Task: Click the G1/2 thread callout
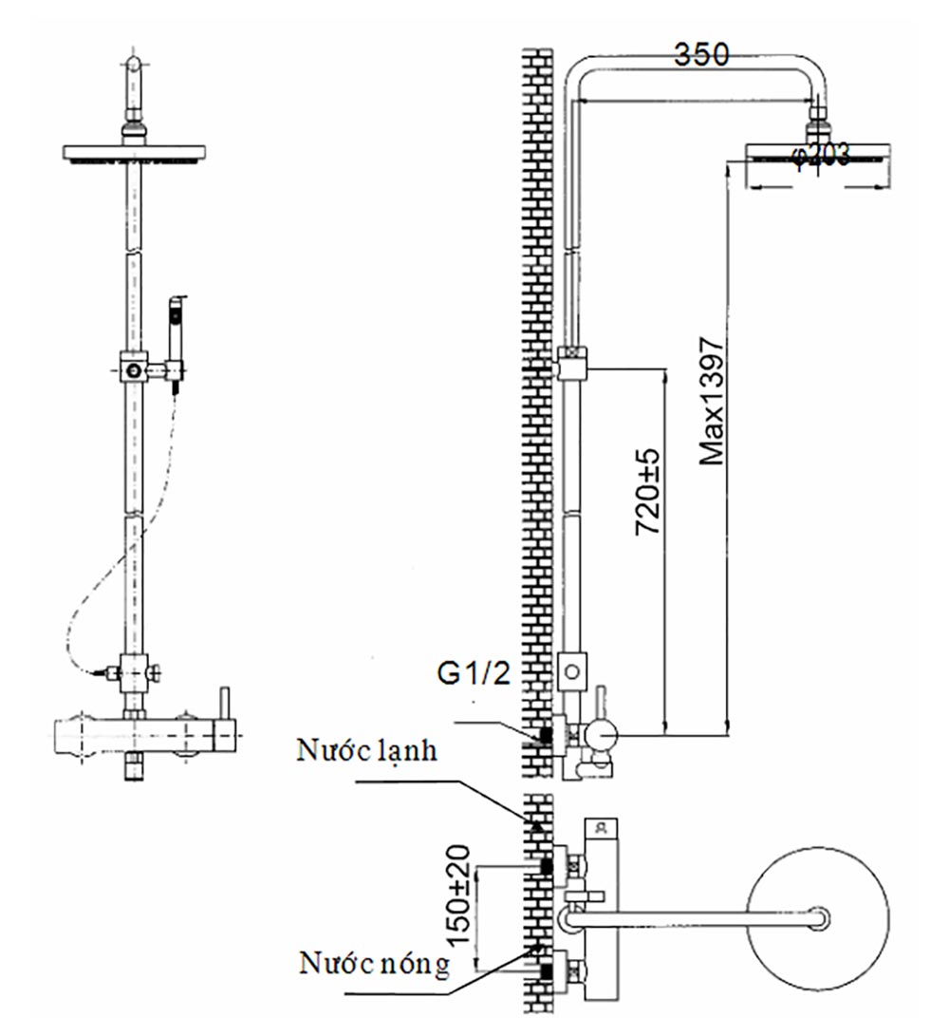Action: pos(474,673)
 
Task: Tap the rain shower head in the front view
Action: pos(135,152)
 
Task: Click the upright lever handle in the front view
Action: pos(226,703)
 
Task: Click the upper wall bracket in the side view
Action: pos(573,364)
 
